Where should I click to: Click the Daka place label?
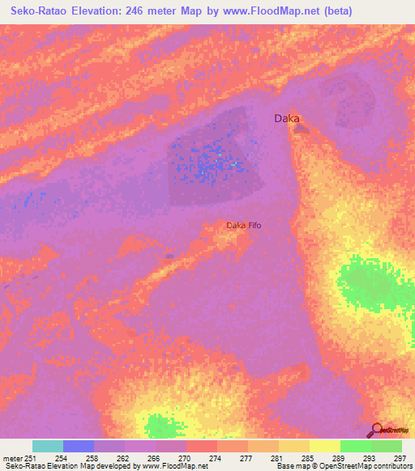pyautogui.click(x=287, y=118)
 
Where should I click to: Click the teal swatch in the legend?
pyautogui.click(x=48, y=445)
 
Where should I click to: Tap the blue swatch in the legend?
pyautogui.click(x=79, y=445)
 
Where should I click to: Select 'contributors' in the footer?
pyautogui.click(x=391, y=465)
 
